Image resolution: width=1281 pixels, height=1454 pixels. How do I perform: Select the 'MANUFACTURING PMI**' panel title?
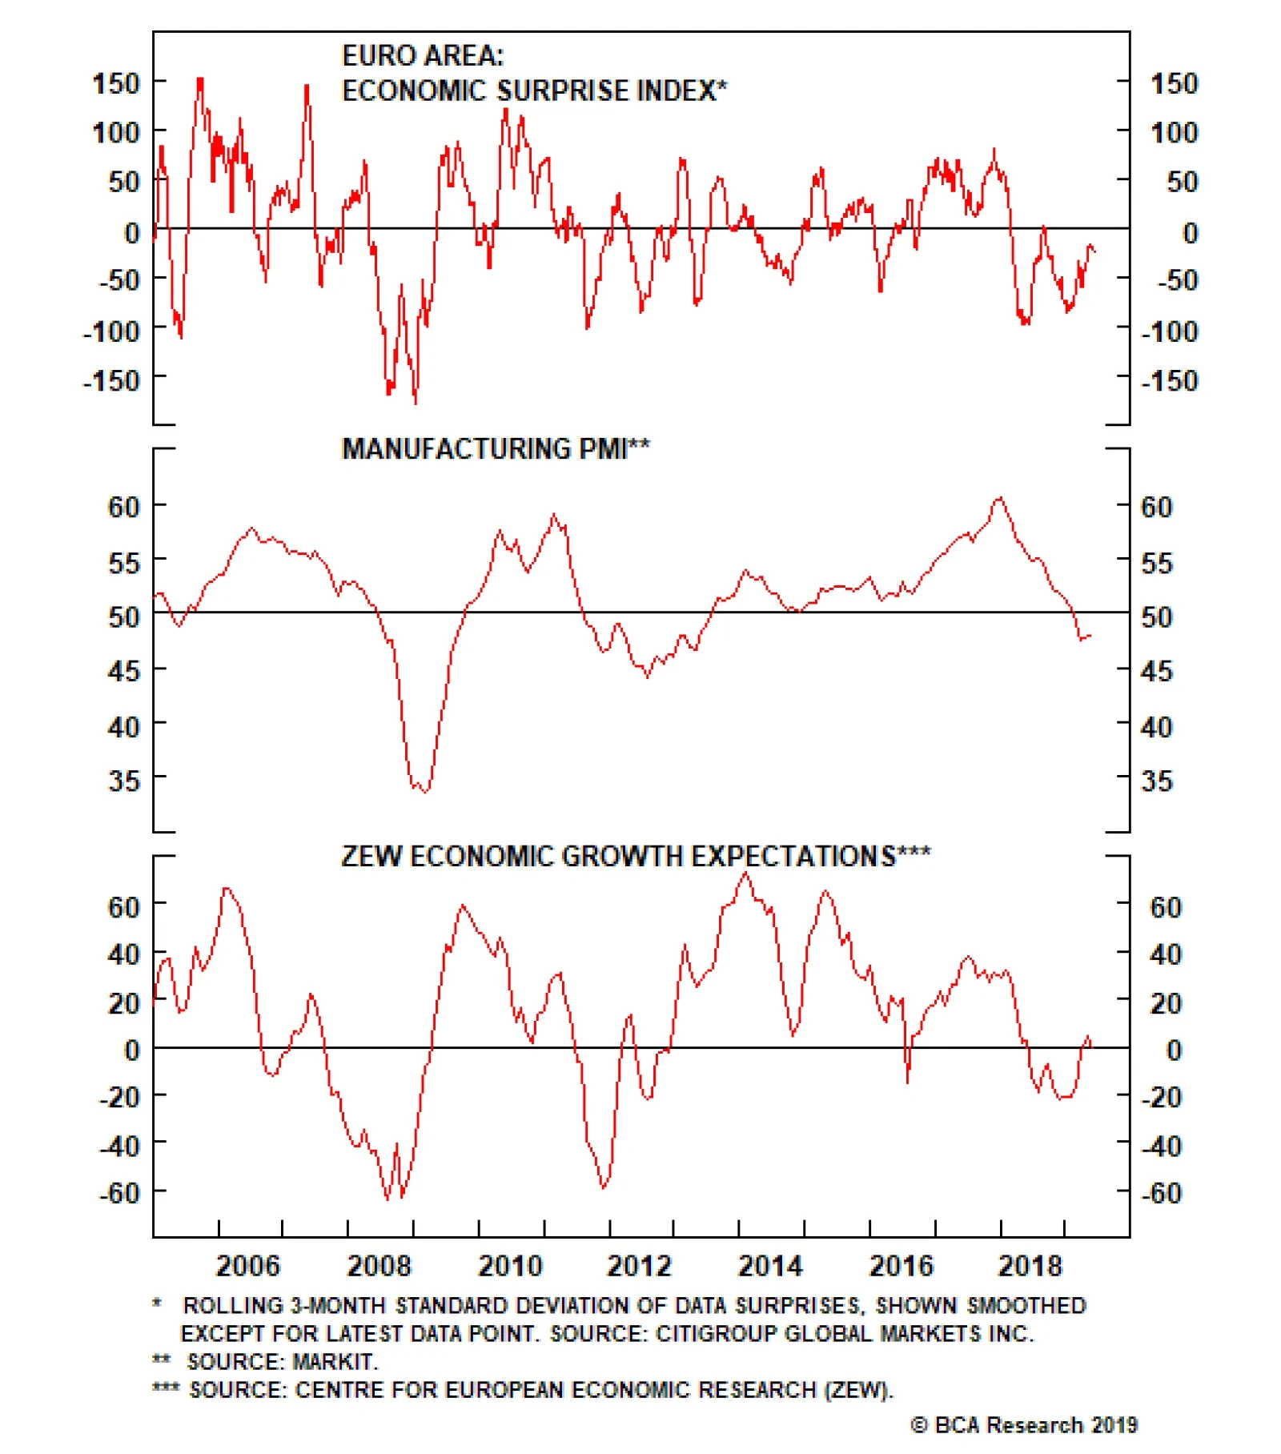click(x=496, y=448)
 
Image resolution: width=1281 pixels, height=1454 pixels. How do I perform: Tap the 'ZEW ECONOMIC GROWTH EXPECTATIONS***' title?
click(x=636, y=856)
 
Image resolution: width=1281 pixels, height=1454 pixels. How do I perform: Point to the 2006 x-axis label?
click(x=248, y=1266)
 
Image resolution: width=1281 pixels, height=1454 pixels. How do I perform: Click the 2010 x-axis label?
click(x=510, y=1266)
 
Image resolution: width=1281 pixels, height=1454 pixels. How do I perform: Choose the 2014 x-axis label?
click(x=769, y=1266)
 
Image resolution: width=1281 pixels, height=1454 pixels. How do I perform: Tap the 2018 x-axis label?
click(x=1030, y=1266)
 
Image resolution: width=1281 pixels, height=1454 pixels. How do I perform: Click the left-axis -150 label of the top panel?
click(x=111, y=380)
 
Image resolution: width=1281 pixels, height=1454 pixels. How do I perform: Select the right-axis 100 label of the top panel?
click(x=1174, y=132)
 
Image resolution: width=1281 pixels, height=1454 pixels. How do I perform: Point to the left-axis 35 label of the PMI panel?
click(x=123, y=780)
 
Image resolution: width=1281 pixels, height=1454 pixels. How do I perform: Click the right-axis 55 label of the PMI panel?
click(x=1156, y=563)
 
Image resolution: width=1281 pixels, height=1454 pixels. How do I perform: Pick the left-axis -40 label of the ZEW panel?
click(x=120, y=1146)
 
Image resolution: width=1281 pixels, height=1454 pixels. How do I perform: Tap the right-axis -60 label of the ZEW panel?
click(x=1161, y=1193)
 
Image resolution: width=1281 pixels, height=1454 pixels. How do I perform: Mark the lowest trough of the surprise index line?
click(x=415, y=402)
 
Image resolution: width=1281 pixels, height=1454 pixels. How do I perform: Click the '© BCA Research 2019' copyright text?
click(x=1024, y=1424)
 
